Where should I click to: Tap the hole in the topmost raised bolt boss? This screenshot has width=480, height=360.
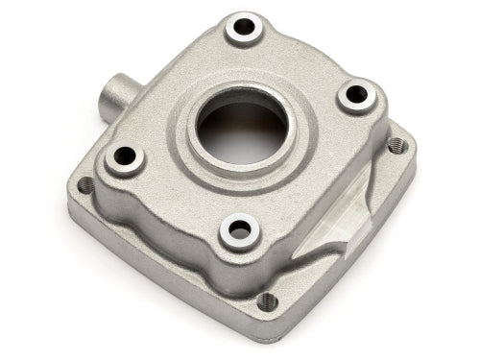pyautogui.click(x=244, y=28)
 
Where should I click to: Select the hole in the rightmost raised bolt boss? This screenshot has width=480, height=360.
pyautogui.click(x=355, y=94)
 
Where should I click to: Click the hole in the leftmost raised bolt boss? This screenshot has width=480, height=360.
pyautogui.click(x=125, y=156)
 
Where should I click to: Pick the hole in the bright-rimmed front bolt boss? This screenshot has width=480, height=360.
pyautogui.click(x=238, y=230)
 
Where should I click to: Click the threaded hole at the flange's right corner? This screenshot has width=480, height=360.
pyautogui.click(x=396, y=145)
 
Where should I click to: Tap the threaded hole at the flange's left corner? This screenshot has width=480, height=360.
pyautogui.click(x=86, y=184)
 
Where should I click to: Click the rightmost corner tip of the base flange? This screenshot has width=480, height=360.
pyautogui.click(x=414, y=154)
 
